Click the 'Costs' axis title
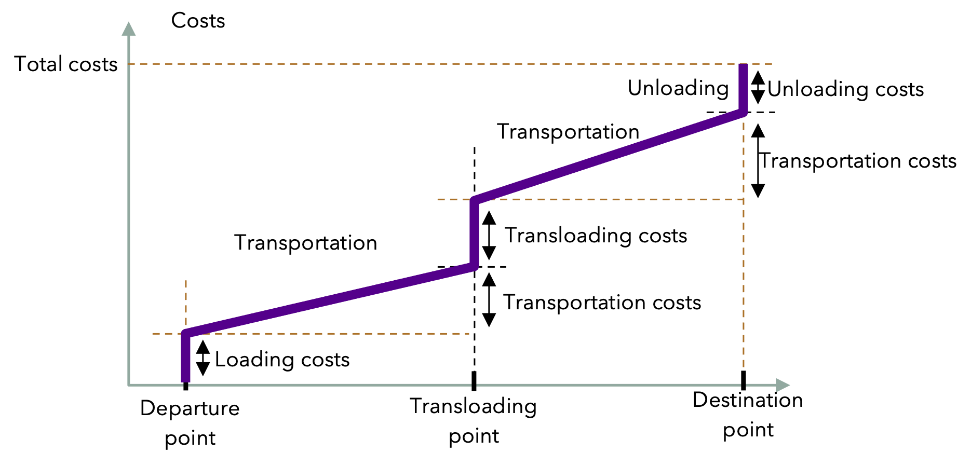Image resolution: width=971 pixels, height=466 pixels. [x=198, y=21]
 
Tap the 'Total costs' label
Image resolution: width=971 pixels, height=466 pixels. [x=66, y=64]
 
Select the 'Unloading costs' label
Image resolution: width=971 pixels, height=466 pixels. [x=846, y=89]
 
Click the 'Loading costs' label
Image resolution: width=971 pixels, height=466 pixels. [x=282, y=360]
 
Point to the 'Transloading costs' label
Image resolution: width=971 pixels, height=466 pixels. [x=596, y=236]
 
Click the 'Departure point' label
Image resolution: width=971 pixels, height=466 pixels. [x=190, y=423]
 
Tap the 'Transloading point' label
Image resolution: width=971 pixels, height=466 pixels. [x=474, y=421]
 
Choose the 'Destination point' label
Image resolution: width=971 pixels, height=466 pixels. [x=748, y=415]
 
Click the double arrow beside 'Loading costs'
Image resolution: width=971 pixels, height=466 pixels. [x=203, y=358]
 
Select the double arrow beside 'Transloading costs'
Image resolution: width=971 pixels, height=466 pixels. [x=489, y=235]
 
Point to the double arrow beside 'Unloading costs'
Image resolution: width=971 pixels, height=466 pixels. [x=758, y=87]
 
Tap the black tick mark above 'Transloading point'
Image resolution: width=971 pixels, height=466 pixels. [x=474, y=381]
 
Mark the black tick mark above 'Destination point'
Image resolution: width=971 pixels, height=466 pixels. [x=744, y=380]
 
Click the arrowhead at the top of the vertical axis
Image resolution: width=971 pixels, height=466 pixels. [x=128, y=29]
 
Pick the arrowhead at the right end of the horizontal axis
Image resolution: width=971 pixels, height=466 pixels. [x=783, y=385]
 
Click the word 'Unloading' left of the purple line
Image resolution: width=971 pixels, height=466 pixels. [x=678, y=88]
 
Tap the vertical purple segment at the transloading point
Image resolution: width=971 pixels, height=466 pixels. [x=474, y=234]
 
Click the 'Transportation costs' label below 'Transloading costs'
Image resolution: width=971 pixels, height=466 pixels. [x=602, y=303]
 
